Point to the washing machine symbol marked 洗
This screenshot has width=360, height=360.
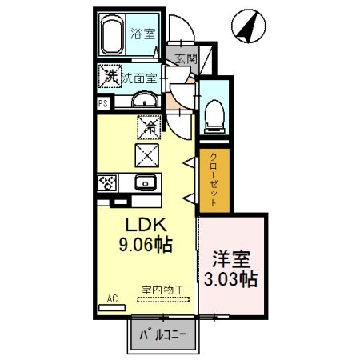click(110, 77)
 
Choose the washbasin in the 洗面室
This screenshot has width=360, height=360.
click(144, 100)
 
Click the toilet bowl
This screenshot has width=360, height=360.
click(214, 116)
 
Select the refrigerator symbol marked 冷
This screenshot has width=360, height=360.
click(148, 126)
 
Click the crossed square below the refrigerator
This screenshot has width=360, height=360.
click(148, 153)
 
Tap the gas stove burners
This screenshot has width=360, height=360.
click(106, 182)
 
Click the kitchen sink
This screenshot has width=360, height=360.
click(146, 182)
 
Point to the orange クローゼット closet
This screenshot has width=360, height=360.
click(214, 181)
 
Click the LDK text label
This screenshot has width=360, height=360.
click(142, 225)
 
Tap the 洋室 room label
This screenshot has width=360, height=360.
click(232, 260)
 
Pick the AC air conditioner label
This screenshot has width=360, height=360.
click(111, 299)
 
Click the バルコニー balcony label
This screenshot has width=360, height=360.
click(163, 334)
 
